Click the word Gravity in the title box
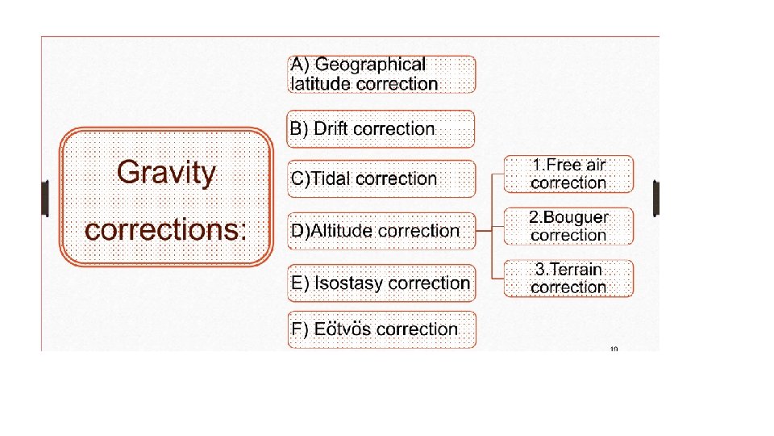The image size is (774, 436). tap(167, 173)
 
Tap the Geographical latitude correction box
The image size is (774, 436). tap(381, 74)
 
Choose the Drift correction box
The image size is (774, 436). tap(381, 129)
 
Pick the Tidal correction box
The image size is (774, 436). tap(381, 178)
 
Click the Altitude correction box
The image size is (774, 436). tap(381, 231)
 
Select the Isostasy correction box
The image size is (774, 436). tap(381, 283)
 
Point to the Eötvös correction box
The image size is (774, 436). tap(381, 329)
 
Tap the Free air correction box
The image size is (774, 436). tap(568, 174)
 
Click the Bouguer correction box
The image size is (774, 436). tap(568, 226)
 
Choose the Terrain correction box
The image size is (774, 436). tap(568, 278)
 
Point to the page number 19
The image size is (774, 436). tap(614, 350)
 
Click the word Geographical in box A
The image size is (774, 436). tap(370, 65)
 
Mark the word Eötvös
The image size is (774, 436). tap(343, 329)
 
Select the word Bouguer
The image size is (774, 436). tap(580, 217)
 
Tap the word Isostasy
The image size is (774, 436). tap(348, 283)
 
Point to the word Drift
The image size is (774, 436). tap(331, 129)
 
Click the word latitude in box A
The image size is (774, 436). tap(321, 83)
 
